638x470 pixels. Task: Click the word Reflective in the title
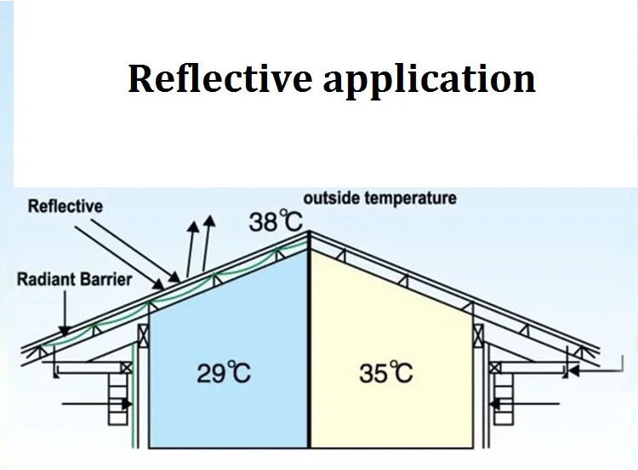[x=219, y=78]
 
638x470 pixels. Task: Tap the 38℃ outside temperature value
[x=276, y=223]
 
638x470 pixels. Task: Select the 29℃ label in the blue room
[x=224, y=372]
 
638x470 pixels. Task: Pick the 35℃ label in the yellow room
[x=385, y=372]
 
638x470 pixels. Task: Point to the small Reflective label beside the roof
[x=66, y=207]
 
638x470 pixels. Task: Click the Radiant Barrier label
[x=75, y=278]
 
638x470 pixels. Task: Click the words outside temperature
[x=379, y=198]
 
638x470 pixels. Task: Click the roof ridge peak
[x=308, y=232]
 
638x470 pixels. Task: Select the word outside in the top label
[x=331, y=198]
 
